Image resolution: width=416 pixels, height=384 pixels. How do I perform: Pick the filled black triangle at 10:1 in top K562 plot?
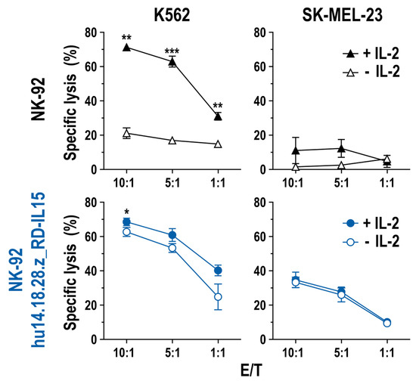(126, 47)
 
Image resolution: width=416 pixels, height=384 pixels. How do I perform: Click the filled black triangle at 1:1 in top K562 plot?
(218, 116)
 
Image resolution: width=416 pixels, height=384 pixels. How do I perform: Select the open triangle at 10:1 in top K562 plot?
(126, 134)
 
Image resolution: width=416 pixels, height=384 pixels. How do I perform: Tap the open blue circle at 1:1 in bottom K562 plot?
(218, 297)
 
